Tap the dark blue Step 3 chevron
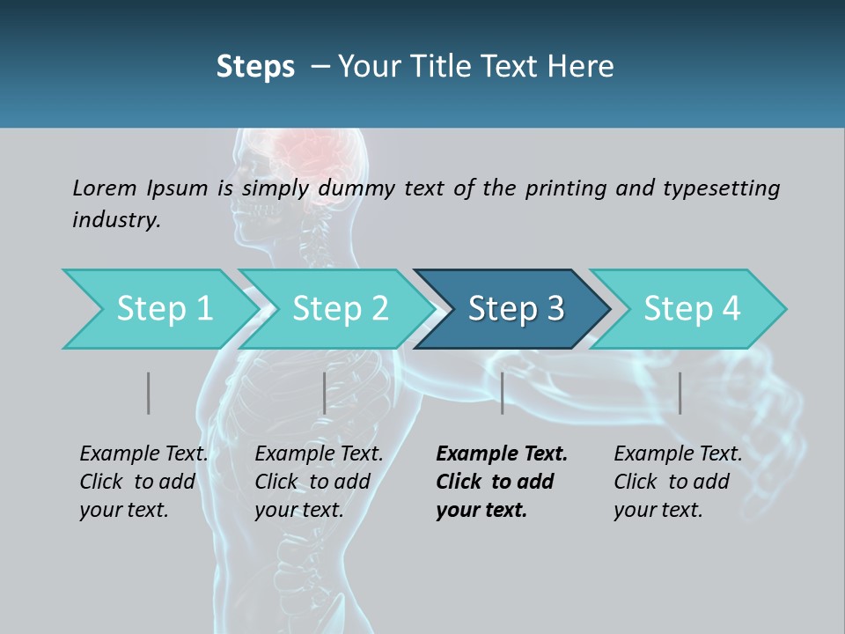point(516,309)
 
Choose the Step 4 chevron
point(692,309)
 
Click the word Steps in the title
point(255,67)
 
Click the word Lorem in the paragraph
point(105,188)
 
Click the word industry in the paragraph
point(115,219)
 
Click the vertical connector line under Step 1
point(149,393)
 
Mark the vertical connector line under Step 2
point(325,393)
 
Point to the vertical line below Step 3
point(503,393)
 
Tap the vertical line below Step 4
point(680,393)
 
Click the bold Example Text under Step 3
point(502,454)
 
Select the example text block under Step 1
point(143,482)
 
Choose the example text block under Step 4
point(677,482)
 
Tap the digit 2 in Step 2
point(378,309)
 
